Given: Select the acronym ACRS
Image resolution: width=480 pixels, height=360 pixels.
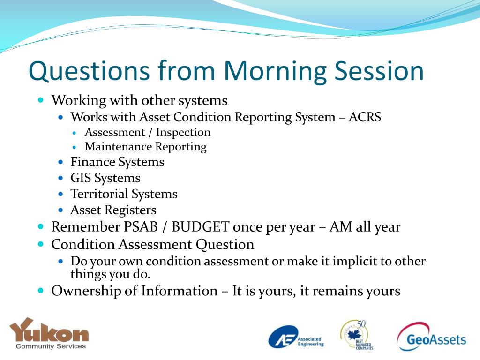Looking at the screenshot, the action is (365, 117).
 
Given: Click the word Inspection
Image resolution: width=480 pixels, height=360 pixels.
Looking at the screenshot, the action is (183, 133).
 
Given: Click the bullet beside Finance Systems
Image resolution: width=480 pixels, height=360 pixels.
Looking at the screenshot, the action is (60, 162).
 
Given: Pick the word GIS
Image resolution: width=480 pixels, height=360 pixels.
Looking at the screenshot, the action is (81, 178).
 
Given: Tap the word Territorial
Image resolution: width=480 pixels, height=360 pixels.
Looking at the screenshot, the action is (99, 194).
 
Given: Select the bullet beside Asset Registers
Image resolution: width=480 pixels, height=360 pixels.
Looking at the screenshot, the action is (60, 210).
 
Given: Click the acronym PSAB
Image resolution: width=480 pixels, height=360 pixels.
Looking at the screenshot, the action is (141, 227).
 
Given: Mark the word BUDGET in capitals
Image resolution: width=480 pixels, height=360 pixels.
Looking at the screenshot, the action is (201, 227).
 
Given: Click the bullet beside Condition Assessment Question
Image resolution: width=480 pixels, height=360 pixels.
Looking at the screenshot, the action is (41, 244).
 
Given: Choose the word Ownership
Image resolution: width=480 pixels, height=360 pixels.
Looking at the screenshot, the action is (86, 291).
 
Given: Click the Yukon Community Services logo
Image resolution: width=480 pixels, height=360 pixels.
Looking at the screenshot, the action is (49, 333).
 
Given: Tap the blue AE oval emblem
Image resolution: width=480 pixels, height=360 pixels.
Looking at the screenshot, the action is (283, 337).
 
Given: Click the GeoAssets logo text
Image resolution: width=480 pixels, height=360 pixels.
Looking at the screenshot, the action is (436, 339).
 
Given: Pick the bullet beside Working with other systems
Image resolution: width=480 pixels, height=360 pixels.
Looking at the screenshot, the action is (41, 100).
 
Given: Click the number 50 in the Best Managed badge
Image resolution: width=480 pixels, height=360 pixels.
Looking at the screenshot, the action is (361, 324).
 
